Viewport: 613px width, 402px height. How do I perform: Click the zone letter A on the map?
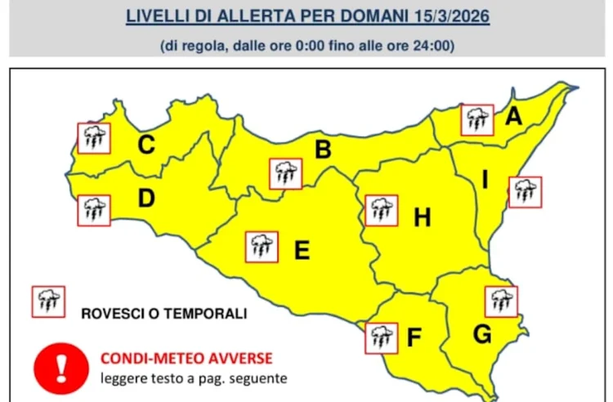point(513,117)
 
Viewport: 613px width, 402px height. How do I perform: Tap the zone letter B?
point(323,150)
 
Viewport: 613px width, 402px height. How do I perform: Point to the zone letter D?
point(146,198)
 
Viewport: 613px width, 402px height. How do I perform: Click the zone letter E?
point(302,250)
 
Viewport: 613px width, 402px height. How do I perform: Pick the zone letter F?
point(414,336)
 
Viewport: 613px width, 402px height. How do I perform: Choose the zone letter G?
point(482,334)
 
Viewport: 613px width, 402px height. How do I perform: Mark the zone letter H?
point(422,217)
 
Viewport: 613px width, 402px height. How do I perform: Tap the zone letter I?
point(485,181)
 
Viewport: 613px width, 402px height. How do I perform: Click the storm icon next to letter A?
point(477,120)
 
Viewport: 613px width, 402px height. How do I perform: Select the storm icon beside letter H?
point(381,210)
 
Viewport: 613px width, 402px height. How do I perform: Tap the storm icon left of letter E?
point(262,246)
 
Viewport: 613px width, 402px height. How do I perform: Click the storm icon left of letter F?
point(381,337)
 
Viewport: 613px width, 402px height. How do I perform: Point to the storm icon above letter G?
point(501,301)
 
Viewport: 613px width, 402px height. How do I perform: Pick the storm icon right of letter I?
point(525,192)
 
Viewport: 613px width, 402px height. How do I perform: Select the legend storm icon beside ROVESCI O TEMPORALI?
point(48,301)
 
